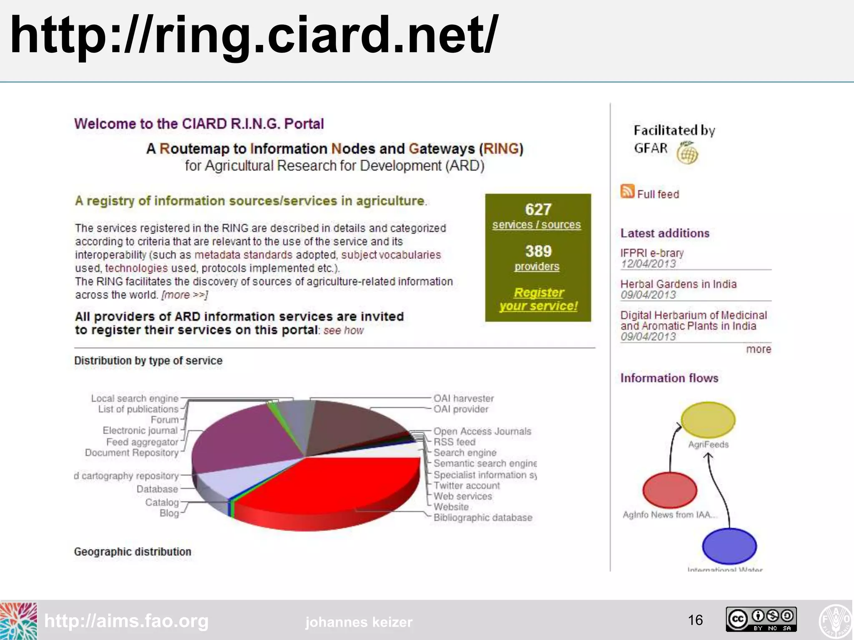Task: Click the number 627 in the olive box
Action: (538, 209)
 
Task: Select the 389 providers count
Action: (538, 251)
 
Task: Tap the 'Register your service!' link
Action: (538, 299)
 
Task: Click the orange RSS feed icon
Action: (627, 191)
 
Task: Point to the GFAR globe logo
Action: (687, 153)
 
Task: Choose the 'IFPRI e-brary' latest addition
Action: (652, 253)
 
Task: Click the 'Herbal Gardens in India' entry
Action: (678, 284)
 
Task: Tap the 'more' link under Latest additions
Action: (759, 349)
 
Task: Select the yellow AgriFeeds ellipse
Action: (708, 419)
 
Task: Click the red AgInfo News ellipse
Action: (670, 490)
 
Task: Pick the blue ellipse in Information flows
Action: (729, 546)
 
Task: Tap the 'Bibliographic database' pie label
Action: (483, 517)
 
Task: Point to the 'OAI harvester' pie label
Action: (464, 398)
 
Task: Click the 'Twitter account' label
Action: (467, 485)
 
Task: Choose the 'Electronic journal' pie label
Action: (140, 430)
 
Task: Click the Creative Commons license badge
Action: (761, 619)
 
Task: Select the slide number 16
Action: (695, 620)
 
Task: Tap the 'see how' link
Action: (344, 330)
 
